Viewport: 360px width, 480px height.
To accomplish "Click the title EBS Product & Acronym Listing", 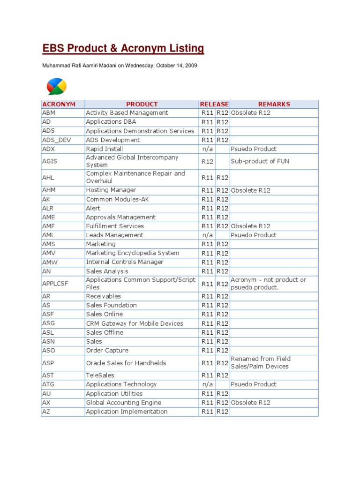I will coord(123,48).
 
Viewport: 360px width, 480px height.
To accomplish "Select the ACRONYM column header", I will coord(59,104).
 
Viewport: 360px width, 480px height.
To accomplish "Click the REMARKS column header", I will coord(274,104).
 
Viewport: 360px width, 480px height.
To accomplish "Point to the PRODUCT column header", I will coord(142,104).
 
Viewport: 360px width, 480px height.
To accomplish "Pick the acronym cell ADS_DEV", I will coord(55,140).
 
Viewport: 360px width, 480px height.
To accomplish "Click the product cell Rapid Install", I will coord(105,149).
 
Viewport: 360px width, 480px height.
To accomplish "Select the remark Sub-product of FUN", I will coord(260,161).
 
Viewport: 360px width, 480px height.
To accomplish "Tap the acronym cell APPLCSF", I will coord(55,284).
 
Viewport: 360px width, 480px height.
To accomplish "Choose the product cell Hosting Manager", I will coord(111,190).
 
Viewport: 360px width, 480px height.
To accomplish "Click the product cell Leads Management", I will coord(114,235).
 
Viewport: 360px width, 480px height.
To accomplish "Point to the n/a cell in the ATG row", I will coord(208,384).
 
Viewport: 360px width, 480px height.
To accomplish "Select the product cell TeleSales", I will coord(100,375).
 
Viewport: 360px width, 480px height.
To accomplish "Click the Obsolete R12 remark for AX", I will coord(250,403).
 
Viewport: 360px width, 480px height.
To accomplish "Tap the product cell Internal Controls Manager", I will coord(125,262).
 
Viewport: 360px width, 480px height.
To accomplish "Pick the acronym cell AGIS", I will coord(49,161).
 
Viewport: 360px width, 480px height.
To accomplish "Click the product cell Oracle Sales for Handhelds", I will coord(126,363).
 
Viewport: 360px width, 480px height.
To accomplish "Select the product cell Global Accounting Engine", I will coord(123,403).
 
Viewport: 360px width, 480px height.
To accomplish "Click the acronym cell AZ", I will coord(46,412).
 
